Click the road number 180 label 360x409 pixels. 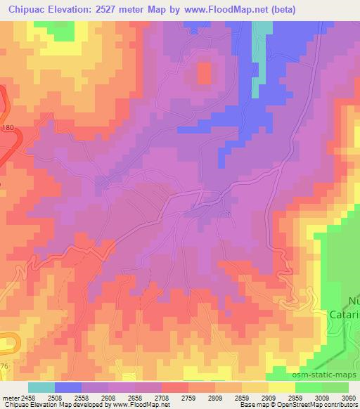tap(8, 127)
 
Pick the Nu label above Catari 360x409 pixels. tap(354, 301)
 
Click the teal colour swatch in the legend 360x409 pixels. tap(41, 387)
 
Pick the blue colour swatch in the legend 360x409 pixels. tap(68, 387)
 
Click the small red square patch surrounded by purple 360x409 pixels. tap(204, 72)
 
